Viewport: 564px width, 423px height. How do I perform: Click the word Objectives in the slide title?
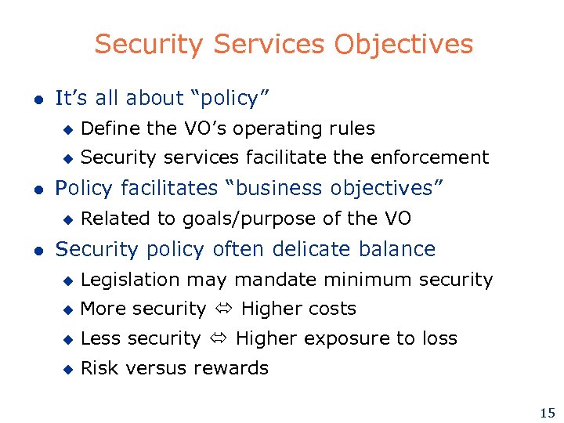click(x=403, y=45)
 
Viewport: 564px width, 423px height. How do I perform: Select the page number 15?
click(x=547, y=413)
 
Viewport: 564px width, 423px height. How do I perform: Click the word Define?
click(x=110, y=128)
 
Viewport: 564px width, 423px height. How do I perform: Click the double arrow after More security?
click(x=223, y=309)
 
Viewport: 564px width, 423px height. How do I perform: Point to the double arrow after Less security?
click(x=219, y=339)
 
